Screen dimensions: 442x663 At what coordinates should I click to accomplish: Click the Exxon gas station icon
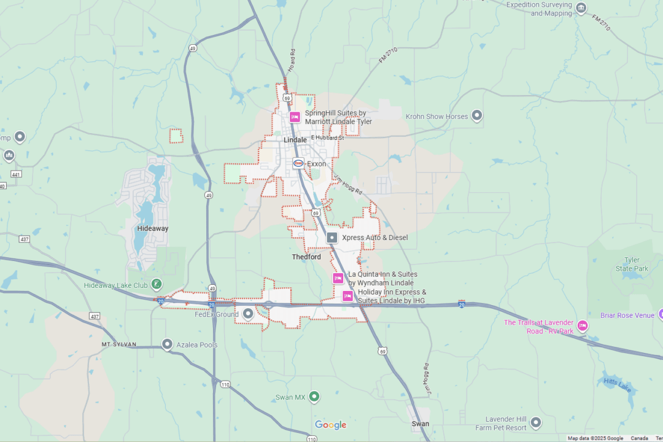[298, 163]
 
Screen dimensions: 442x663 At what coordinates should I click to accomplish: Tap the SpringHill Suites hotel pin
[295, 117]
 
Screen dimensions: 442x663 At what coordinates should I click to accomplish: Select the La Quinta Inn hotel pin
[338, 278]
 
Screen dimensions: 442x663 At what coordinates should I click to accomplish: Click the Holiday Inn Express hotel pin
[347, 297]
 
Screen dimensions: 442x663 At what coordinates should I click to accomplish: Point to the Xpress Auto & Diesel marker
[332, 237]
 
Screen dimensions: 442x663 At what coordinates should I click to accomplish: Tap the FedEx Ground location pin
[248, 314]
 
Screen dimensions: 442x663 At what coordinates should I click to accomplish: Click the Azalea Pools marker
[167, 344]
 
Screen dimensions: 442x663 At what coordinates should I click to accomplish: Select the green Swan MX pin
[314, 397]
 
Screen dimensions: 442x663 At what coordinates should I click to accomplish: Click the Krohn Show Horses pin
[477, 115]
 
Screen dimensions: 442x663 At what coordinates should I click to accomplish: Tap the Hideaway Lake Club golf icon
[157, 284]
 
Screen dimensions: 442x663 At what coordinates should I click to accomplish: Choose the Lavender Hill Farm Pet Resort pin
[536, 422]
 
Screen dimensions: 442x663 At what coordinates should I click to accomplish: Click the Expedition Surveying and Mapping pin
[581, 8]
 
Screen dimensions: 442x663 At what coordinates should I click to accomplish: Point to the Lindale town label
[295, 140]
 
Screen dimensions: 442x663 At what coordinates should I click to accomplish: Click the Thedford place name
[306, 257]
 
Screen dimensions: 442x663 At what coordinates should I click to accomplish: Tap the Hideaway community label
[153, 228]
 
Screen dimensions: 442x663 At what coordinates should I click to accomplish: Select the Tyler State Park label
[632, 265]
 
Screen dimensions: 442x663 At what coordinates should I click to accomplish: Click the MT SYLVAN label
[119, 344]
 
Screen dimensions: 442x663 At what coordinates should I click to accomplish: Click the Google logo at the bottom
[331, 425]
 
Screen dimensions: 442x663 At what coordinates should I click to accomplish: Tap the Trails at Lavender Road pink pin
[583, 325]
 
